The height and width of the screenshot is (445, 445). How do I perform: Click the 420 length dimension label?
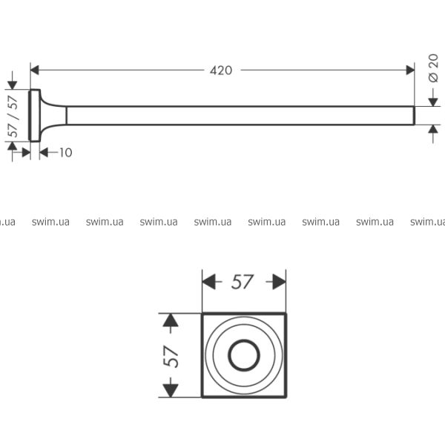coord(221,70)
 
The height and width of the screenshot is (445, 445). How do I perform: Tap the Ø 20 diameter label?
coord(433,68)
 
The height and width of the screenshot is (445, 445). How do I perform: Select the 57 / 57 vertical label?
coord(13,116)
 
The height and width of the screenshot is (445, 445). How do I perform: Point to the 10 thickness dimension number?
coord(66,153)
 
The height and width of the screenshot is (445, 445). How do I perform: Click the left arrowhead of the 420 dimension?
coord(34,70)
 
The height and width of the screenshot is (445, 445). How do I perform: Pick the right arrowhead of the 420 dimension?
coord(410,70)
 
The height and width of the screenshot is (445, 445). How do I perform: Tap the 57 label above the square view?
coord(242,282)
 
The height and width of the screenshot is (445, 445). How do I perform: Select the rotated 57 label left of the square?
coord(171,357)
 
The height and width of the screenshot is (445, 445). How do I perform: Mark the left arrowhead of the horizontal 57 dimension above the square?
coord(208,282)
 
